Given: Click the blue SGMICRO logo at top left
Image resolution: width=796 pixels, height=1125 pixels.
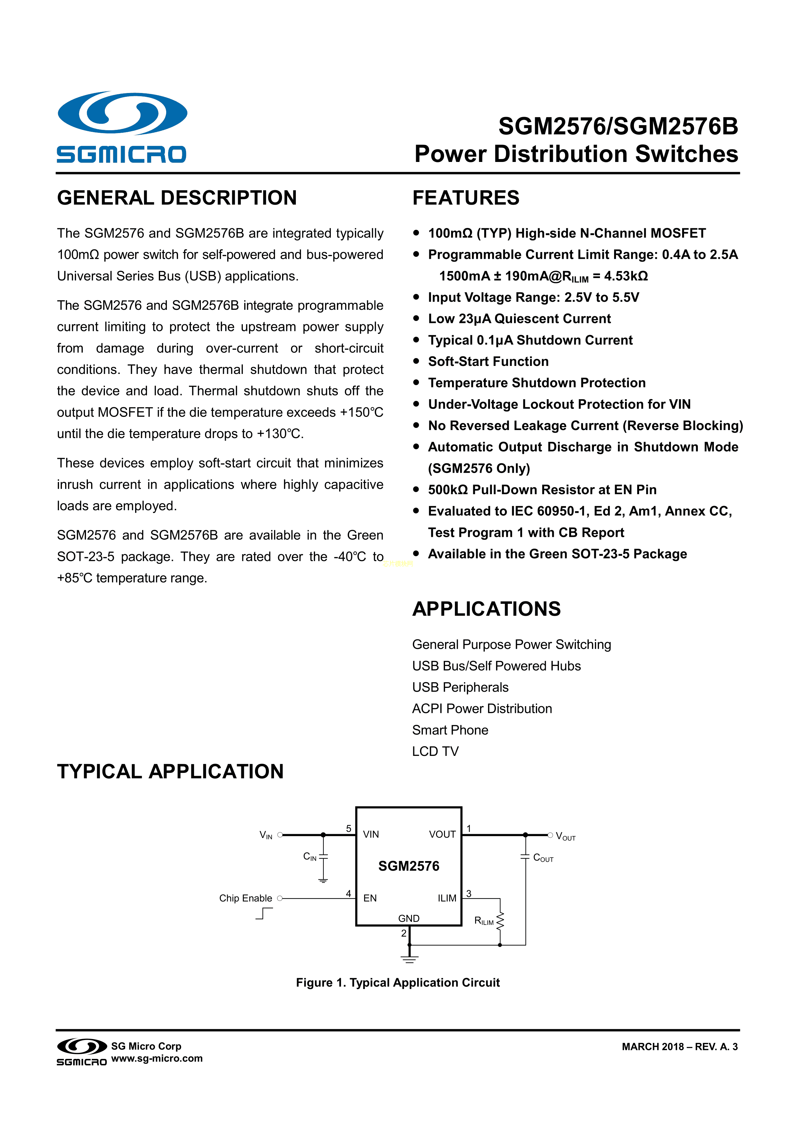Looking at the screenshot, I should coord(122,126).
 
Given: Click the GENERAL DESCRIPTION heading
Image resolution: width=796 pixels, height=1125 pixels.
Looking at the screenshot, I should coord(177,198).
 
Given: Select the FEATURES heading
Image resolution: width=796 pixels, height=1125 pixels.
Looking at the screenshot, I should coord(466,198).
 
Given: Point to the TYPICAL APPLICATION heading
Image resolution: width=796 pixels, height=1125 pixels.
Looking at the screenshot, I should coord(170,772).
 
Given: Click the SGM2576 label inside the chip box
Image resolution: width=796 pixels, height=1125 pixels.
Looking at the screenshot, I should coord(409,866).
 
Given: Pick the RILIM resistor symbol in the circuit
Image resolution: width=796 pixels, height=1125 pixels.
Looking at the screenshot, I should coord(500,921).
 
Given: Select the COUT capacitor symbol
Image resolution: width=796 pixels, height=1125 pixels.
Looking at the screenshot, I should coord(526,857).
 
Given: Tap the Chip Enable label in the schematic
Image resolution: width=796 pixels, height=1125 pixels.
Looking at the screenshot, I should coord(245,898).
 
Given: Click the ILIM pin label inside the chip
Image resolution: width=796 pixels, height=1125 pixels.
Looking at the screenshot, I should coord(447,898).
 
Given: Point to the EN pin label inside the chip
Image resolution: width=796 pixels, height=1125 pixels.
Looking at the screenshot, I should coord(370,898).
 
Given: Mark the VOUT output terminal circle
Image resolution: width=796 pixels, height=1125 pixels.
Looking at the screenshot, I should coord(551,835).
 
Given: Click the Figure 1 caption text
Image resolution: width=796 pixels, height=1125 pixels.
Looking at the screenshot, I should coord(398,982).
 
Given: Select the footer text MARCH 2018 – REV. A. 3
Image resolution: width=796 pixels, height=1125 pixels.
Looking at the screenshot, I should coord(679,1047).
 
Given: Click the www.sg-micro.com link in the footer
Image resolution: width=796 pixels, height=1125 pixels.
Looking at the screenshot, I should coord(157,1058).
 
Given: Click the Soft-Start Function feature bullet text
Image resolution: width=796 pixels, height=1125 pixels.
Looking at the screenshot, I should coord(488,362).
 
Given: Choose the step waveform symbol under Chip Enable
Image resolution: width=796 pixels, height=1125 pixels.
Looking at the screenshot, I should coord(264,913).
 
